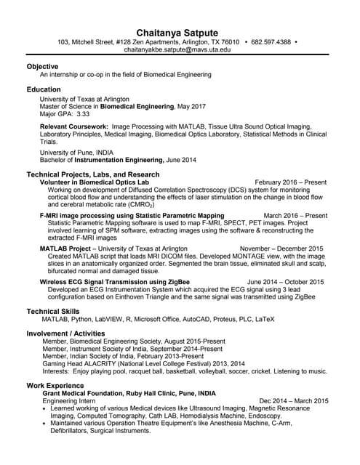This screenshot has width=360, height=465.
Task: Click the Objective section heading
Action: point(42,66)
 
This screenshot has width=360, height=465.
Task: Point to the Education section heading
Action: point(44,89)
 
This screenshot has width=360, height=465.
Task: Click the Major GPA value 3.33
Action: point(83,114)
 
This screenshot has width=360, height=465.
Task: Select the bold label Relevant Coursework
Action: point(73,126)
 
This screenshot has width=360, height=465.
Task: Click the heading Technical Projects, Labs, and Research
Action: point(93,174)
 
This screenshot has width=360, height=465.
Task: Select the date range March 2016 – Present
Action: point(295,216)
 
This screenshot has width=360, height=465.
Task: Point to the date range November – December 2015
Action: point(281,248)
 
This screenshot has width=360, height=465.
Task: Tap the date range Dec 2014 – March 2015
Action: point(293,400)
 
